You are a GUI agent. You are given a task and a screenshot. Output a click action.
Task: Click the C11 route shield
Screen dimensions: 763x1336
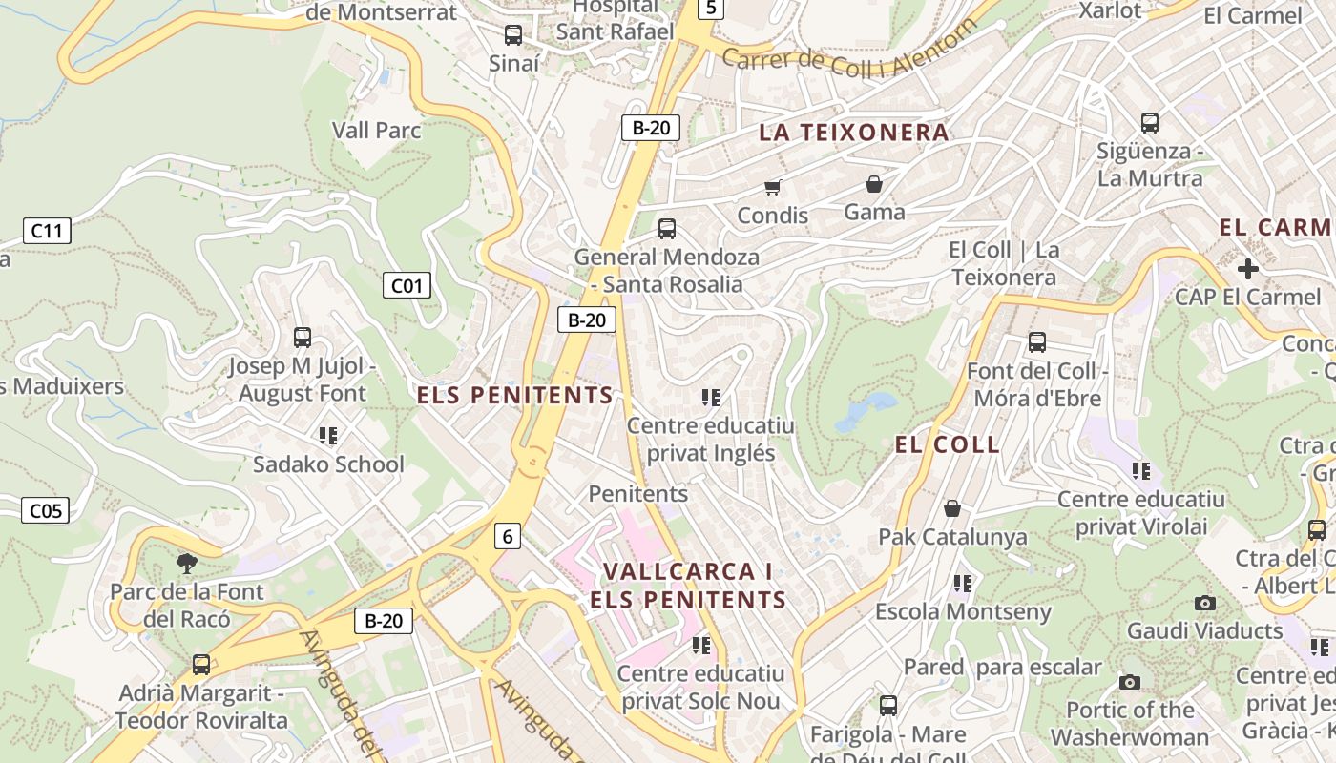point(47,230)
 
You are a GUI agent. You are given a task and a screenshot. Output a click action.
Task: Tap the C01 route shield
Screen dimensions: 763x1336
point(407,285)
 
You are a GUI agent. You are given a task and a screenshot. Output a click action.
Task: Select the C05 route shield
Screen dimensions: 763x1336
point(46,510)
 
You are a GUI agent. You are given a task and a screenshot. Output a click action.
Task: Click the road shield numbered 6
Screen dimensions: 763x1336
point(508,536)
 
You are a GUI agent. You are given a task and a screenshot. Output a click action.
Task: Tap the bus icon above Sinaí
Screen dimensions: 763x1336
point(513,35)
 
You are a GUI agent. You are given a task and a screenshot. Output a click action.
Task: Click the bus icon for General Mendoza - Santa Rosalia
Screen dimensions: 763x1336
point(667,229)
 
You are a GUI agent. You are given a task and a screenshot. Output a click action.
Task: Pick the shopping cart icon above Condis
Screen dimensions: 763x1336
point(772,187)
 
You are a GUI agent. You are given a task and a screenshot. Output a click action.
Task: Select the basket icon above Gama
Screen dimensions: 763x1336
point(874,184)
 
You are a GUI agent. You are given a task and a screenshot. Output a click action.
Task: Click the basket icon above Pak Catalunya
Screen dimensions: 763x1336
point(951,508)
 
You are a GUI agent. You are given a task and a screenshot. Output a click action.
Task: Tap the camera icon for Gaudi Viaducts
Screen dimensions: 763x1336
point(1205,603)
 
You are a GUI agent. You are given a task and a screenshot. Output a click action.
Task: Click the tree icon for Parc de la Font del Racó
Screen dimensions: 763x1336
point(187,563)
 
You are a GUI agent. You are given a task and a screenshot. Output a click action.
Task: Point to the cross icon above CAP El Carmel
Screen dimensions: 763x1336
point(1246,269)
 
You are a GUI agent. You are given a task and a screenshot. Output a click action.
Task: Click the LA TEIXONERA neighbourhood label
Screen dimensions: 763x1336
point(854,133)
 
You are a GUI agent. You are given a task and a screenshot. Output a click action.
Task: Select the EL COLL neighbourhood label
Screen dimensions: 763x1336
point(948,444)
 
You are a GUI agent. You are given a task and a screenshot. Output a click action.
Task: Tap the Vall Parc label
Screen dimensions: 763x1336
point(377,130)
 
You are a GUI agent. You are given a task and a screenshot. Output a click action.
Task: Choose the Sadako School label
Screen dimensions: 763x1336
point(328,464)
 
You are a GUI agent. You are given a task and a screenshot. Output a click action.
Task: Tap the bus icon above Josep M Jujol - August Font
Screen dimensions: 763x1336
point(303,338)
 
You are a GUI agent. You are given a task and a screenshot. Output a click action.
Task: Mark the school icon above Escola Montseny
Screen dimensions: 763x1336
point(963,583)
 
